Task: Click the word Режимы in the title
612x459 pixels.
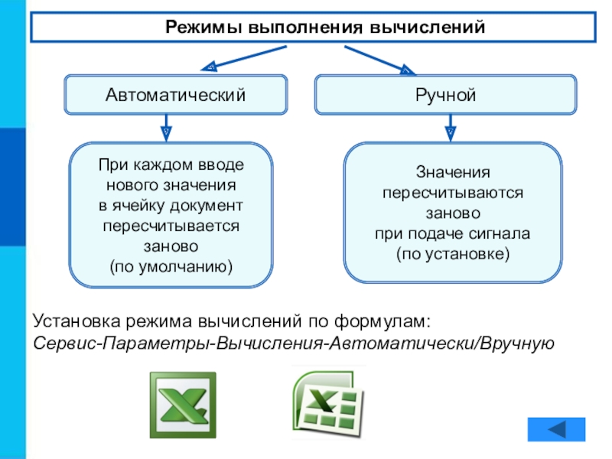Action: pos(203,28)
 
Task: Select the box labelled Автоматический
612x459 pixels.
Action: pos(176,95)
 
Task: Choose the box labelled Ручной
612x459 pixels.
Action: pos(446,95)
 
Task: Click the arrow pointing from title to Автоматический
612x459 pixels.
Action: pos(243,59)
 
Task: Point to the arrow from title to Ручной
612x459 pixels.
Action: pos(379,60)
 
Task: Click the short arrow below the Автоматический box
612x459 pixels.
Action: pos(166,128)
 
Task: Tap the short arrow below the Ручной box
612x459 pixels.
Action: pos(451,128)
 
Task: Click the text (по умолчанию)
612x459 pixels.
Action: pos(171,267)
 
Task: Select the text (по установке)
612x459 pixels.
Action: pos(453,254)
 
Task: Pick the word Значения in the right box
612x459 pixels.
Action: pos(453,172)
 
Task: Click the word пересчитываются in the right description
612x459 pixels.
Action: pos(453,193)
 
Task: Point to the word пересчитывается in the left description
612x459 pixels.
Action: pos(171,226)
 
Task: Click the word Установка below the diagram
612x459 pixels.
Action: pos(77,321)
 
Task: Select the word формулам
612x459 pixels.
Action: pos(382,321)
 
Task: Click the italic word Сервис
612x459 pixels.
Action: pos(65,343)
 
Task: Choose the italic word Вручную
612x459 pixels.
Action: pos(517,343)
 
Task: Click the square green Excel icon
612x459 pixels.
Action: pos(183,405)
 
